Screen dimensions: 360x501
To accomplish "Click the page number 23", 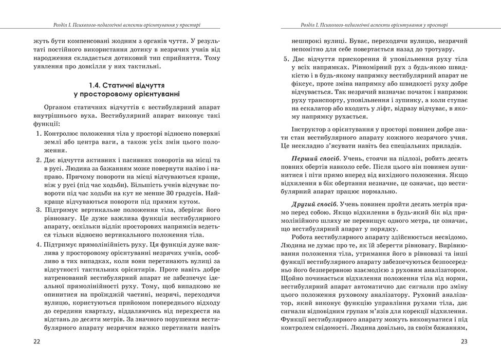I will point(464,341).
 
